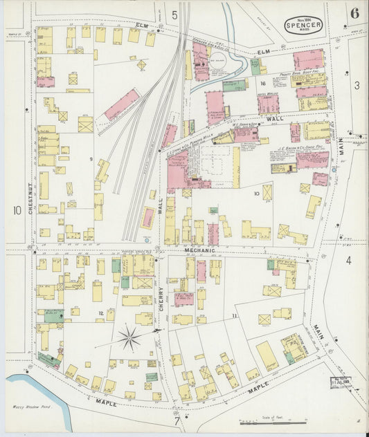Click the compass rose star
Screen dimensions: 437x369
point(129,338)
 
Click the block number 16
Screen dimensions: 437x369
point(262,83)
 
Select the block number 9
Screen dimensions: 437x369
point(91,160)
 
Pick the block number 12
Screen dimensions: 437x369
point(101,313)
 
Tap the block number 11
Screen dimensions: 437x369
point(235,315)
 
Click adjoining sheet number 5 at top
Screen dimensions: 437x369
point(174,15)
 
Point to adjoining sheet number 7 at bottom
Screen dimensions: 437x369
point(177,419)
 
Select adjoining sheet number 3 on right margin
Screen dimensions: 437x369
point(357,85)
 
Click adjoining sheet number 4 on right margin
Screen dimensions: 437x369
point(349,261)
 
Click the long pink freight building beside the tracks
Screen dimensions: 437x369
point(123,104)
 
